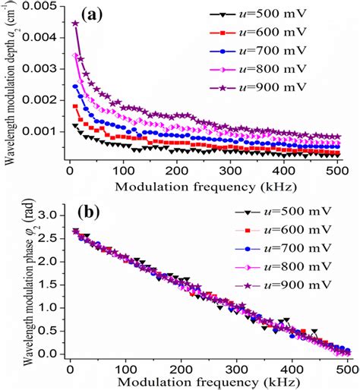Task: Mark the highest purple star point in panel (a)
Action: tap(75, 23)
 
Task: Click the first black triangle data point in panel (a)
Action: tap(74, 125)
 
